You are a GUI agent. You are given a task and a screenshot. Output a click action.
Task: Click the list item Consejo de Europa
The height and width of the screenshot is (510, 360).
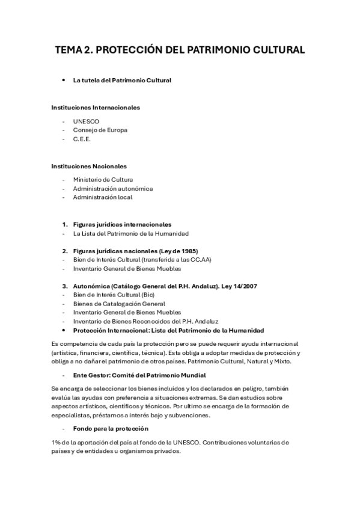coord(100,130)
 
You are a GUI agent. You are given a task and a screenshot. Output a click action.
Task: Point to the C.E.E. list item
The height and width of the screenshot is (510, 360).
coord(81,139)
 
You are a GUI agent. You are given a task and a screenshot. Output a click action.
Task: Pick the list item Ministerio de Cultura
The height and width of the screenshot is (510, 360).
coord(103,179)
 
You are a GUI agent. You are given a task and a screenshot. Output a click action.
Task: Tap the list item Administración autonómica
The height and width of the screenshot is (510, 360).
coord(113,188)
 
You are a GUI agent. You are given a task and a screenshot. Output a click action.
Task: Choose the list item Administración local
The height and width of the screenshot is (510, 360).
coord(102,197)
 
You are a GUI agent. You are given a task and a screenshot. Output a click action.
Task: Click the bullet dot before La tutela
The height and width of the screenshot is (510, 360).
coord(63,80)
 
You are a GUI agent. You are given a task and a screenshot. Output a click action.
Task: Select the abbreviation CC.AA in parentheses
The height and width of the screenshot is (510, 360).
coord(201,260)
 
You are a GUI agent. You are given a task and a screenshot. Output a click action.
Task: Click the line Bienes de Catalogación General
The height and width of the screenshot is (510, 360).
coord(119,304)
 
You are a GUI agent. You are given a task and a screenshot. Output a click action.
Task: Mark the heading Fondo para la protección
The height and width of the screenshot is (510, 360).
coord(106,429)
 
